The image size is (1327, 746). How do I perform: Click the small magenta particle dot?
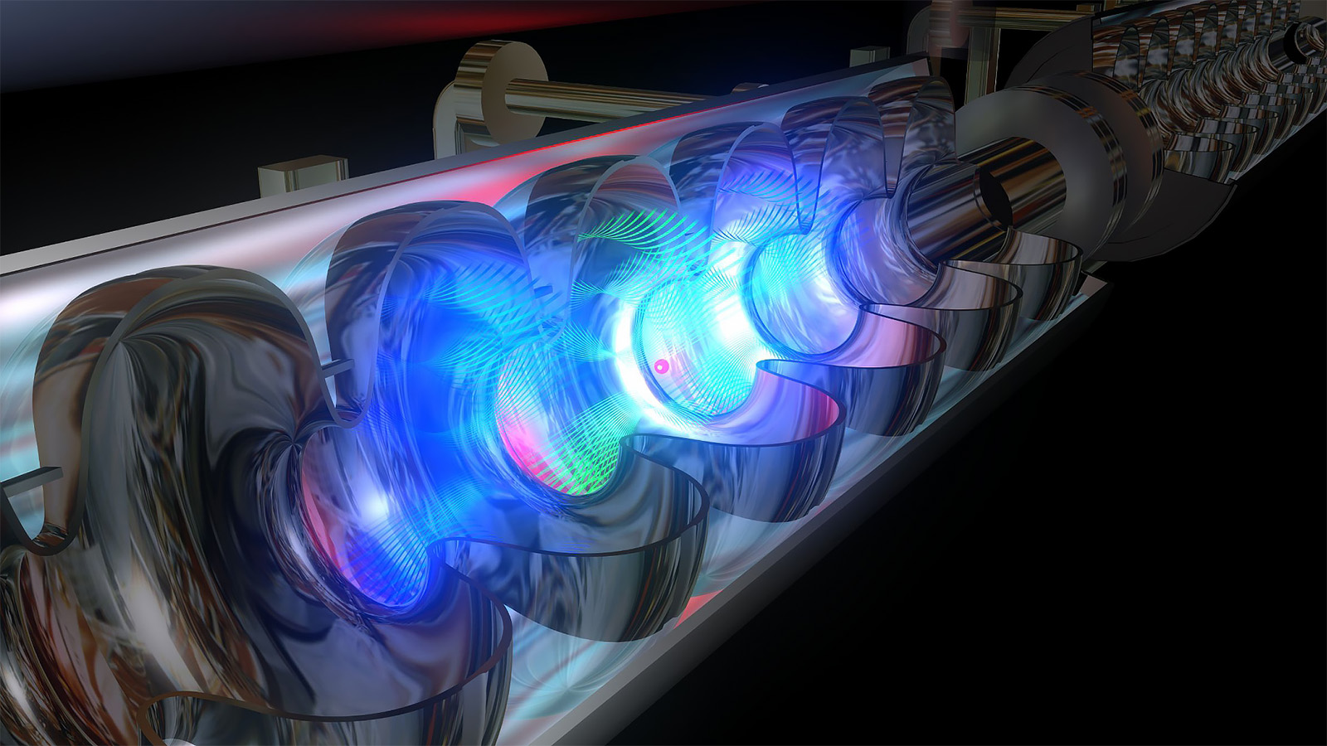pyautogui.click(x=661, y=366)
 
